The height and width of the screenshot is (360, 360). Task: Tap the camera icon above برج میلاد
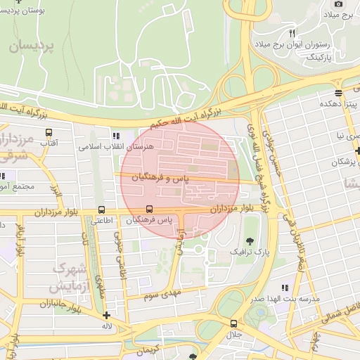pyautogui.click(x=340, y=3)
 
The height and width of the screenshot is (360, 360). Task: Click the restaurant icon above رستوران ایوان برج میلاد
pyautogui.click(x=292, y=33)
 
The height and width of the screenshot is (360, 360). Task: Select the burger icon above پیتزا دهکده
pyautogui.click(x=339, y=93)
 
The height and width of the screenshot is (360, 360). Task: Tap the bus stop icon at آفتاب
pyautogui.click(x=49, y=132)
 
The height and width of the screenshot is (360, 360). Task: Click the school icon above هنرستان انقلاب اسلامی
pyautogui.click(x=115, y=136)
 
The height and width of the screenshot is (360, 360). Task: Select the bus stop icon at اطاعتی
pyautogui.click(x=102, y=210)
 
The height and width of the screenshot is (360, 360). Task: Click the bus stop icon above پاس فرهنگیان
pyautogui.click(x=149, y=209)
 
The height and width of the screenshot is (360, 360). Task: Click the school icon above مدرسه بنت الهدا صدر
pyautogui.click(x=285, y=288)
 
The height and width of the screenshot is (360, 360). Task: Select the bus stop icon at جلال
pyautogui.click(x=233, y=323)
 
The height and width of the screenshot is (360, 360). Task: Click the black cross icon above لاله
pyautogui.click(x=106, y=316)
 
